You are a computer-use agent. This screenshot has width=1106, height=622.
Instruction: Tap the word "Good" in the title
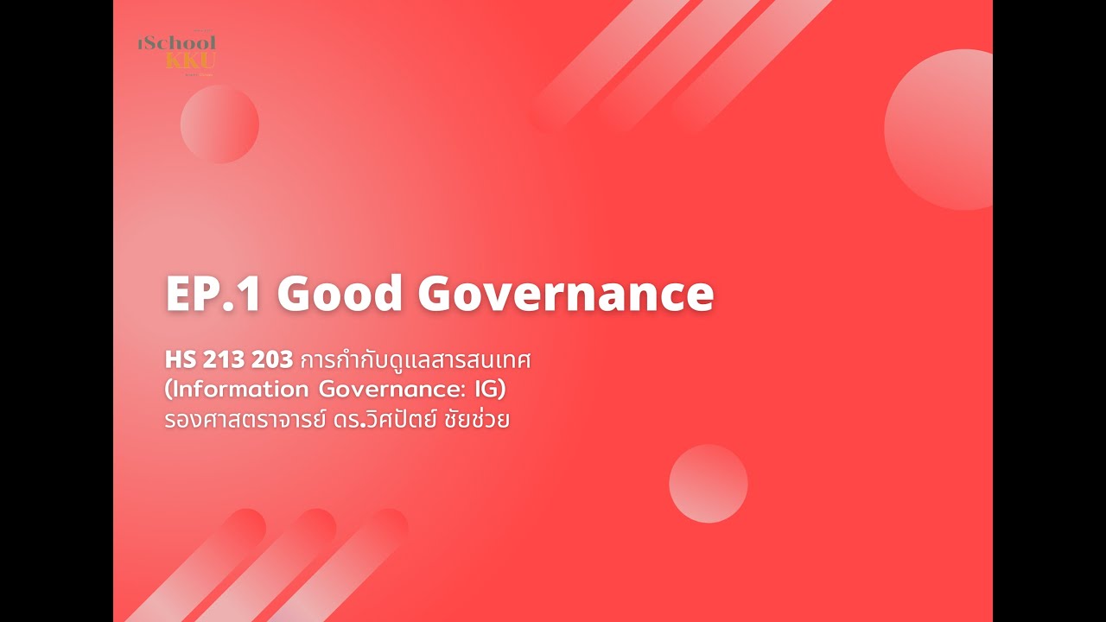tap(340, 295)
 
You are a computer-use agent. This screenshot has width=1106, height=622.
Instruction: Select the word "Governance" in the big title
tap(566, 295)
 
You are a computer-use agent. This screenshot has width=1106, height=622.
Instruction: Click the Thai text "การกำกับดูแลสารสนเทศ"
tap(414, 360)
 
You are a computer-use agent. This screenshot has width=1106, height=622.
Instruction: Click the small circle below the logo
tap(219, 124)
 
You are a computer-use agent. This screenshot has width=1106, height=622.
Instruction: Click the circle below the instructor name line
tap(708, 484)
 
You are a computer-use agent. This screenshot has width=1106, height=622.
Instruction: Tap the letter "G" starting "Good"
tap(296, 295)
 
